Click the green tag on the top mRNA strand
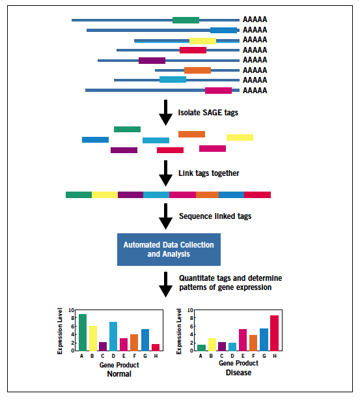pyautogui.click(x=186, y=20)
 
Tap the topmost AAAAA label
pyautogui.click(x=255, y=20)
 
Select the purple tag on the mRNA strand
pyautogui.click(x=152, y=61)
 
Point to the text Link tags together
pyautogui.click(x=208, y=173)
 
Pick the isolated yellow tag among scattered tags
pyautogui.click(x=240, y=137)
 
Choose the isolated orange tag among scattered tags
pyautogui.click(x=191, y=134)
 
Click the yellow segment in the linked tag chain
pyautogui.click(x=105, y=195)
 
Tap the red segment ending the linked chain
pyautogui.click(x=257, y=195)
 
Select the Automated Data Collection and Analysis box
pyautogui.click(x=169, y=249)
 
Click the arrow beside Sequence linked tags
pyautogui.click(x=166, y=216)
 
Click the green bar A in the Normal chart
pyautogui.click(x=83, y=332)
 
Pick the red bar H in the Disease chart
pyautogui.click(x=274, y=333)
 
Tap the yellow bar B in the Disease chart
pyautogui.click(x=212, y=344)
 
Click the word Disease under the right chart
pyautogui.click(x=238, y=373)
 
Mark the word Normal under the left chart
pyautogui.click(x=118, y=373)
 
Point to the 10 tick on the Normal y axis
pyautogui.click(x=72, y=311)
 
